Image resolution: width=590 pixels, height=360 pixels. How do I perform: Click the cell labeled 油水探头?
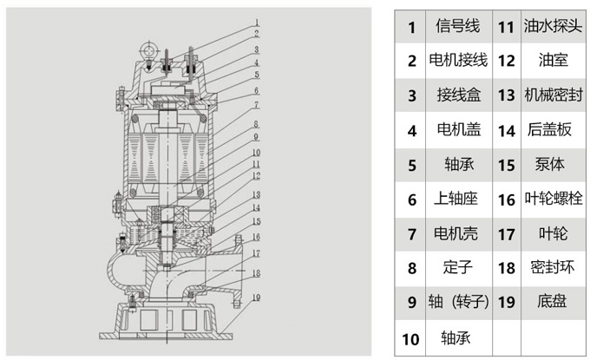pos(553,27)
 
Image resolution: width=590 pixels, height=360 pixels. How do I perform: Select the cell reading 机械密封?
pos(553,95)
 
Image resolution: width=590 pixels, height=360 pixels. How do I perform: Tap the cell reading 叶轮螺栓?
pos(553,199)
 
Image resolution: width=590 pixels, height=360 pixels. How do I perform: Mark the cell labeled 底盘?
pos(553,302)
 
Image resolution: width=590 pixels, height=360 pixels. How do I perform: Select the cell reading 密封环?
pos(553,267)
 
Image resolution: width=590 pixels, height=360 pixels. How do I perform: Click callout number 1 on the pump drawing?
pos(257,21)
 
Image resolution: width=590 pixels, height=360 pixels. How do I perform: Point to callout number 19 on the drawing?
pos(257,296)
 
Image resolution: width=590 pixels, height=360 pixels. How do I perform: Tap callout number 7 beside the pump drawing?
pos(257,104)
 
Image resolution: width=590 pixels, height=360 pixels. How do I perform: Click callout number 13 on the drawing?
pos(257,195)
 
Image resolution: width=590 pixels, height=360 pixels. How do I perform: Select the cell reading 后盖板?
pos(553,130)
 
